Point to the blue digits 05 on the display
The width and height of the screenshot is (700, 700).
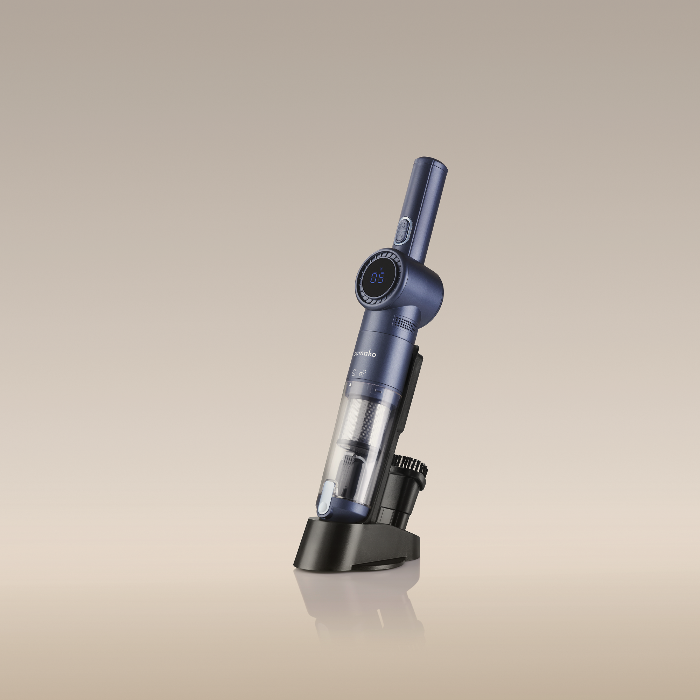[377, 278]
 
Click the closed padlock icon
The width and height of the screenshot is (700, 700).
[353, 372]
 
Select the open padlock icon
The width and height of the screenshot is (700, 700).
[362, 372]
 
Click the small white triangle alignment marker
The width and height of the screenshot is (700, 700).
[350, 386]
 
